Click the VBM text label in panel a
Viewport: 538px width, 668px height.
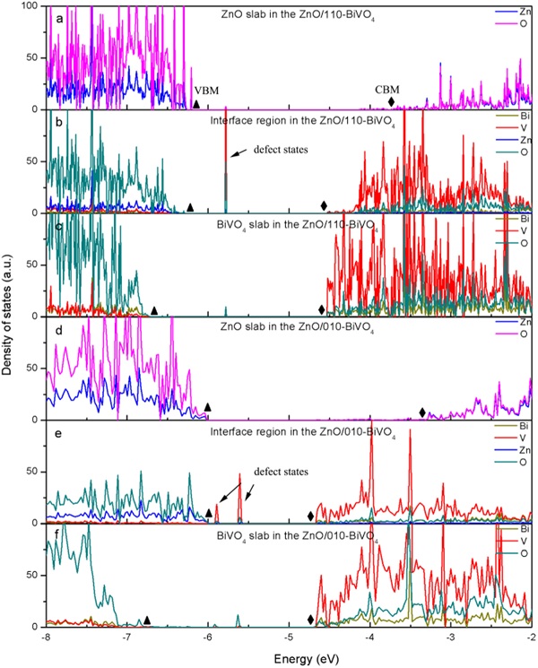point(206,91)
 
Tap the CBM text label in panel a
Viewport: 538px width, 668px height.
point(387,89)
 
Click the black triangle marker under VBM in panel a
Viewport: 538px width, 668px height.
point(196,105)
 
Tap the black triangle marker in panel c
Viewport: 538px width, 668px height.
point(154,310)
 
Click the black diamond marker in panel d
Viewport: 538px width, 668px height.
point(423,412)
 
